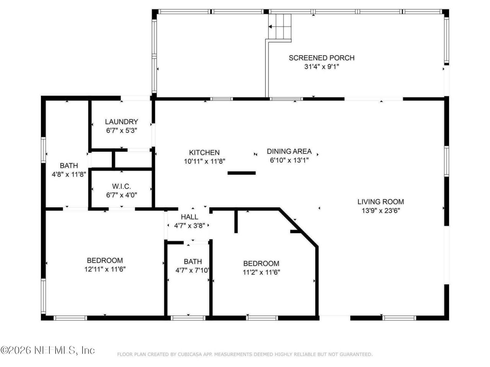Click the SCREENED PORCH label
point(321,58)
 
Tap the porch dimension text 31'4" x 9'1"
point(322,67)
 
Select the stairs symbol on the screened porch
point(279,26)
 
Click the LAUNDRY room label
point(121,122)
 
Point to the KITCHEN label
point(204,153)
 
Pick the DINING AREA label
point(289,151)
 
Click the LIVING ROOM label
point(381,201)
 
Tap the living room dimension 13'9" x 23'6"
point(381,211)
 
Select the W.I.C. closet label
point(121,186)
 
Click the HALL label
point(189,217)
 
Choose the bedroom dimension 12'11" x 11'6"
point(105,269)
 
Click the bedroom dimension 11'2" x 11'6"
point(261,273)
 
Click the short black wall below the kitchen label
point(242,173)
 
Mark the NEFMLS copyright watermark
point(47,350)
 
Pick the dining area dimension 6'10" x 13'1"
point(289,160)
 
